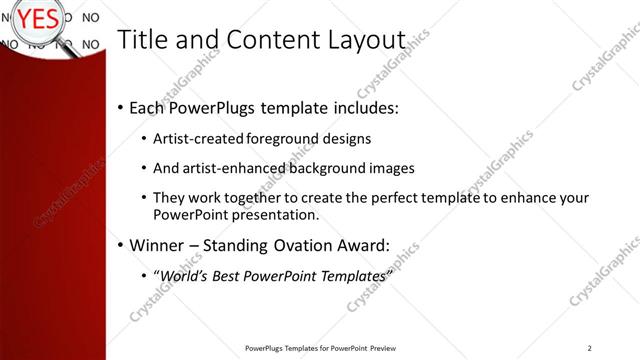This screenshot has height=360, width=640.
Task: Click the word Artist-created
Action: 200,138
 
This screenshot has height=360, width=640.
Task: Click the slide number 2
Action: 590,347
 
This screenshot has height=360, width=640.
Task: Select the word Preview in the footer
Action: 383,348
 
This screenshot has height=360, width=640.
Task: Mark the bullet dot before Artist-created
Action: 144,139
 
